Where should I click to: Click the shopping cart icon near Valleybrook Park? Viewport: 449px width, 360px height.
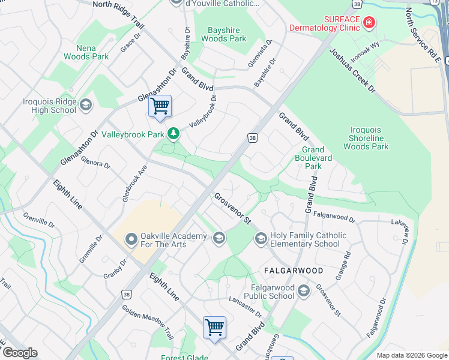click(x=160, y=107)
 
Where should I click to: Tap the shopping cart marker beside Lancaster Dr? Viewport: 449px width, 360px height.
click(x=214, y=328)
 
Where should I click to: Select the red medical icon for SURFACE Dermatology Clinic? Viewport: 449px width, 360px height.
click(x=369, y=23)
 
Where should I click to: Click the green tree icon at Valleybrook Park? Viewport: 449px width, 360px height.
click(x=173, y=133)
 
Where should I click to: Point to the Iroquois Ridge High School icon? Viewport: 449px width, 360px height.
click(x=86, y=106)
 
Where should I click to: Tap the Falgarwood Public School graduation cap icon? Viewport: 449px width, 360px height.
click(x=304, y=292)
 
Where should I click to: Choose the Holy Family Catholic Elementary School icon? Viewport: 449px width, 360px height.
click(x=261, y=239)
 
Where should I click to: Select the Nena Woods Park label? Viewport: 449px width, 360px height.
click(x=92, y=52)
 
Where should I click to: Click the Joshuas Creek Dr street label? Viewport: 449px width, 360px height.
click(x=352, y=71)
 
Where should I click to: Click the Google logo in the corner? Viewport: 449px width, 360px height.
click(x=20, y=353)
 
